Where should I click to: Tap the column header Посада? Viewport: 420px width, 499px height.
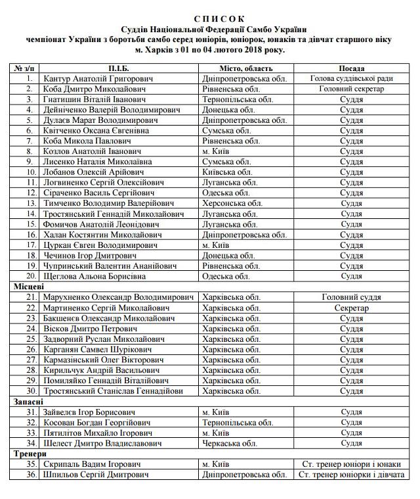click(x=351, y=68)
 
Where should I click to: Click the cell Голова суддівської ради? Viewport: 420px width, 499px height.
click(x=351, y=78)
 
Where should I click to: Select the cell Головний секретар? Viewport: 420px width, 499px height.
click(x=351, y=89)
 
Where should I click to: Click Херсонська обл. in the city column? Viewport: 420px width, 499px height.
click(x=233, y=203)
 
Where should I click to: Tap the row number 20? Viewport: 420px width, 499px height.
click(x=30, y=276)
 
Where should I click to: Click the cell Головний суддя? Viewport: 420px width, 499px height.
click(x=351, y=297)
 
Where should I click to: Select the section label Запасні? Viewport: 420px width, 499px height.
click(x=28, y=401)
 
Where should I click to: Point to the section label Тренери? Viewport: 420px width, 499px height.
click(x=29, y=454)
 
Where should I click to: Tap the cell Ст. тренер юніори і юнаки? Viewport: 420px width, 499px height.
click(x=351, y=464)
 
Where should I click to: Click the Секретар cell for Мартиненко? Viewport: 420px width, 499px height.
click(x=351, y=308)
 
